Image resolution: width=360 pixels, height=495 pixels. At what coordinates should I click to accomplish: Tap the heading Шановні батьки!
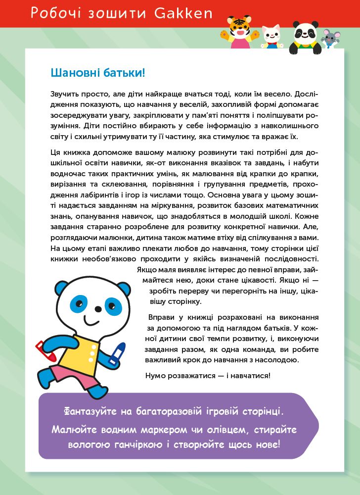click(x=98, y=73)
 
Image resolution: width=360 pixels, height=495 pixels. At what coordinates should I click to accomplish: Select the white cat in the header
click(x=270, y=37)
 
